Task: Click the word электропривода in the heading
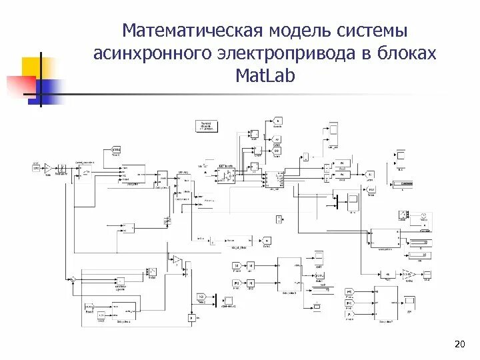[x=288, y=54]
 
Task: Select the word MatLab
[x=264, y=77]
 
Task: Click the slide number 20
[x=458, y=344]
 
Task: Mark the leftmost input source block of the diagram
[x=36, y=167]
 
